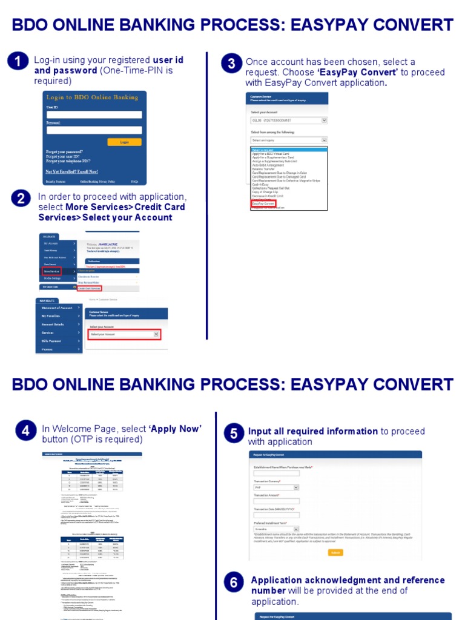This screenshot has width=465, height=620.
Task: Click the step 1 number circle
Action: click(19, 62)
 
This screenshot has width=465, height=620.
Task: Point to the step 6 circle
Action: click(233, 584)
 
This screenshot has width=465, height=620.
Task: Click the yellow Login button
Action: click(124, 142)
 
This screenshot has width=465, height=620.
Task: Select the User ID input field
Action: click(94, 114)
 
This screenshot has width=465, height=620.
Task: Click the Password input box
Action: click(94, 130)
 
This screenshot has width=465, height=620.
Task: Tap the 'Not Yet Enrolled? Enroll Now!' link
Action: click(71, 171)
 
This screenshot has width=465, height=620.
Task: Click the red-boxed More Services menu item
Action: click(51, 271)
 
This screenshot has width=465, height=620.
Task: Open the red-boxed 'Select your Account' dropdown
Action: click(124, 334)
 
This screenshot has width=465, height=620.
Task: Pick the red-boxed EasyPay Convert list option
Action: click(263, 203)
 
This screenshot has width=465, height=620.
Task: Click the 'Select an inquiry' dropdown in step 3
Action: click(289, 140)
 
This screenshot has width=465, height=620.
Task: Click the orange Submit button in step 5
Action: click(335, 552)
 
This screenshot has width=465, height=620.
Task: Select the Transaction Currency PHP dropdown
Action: click(276, 487)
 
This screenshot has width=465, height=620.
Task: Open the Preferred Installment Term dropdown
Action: click(276, 529)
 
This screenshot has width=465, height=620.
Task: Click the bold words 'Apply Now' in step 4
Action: click(176, 429)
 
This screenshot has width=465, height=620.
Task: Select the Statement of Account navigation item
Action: click(58, 308)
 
